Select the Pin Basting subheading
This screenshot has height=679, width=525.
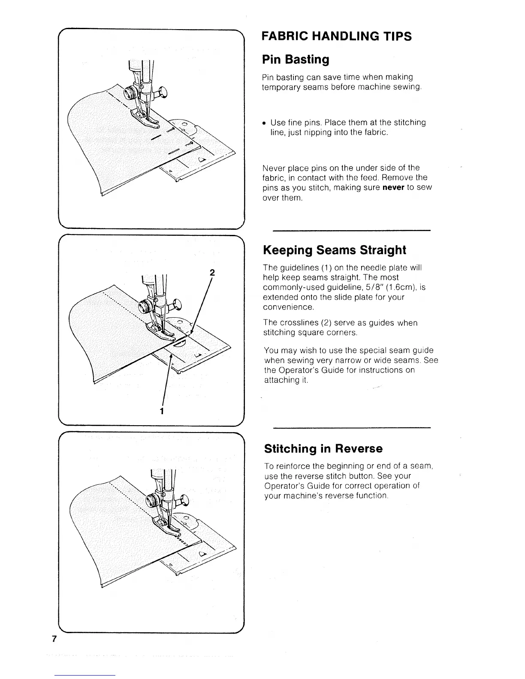click(x=296, y=59)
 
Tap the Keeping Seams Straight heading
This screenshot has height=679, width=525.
click(x=335, y=250)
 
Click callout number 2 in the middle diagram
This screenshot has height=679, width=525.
click(x=212, y=272)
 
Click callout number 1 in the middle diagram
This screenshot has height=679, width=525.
click(x=162, y=411)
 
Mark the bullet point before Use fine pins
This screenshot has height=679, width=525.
click(x=265, y=123)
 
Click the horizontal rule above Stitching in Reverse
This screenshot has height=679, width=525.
click(x=351, y=428)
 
